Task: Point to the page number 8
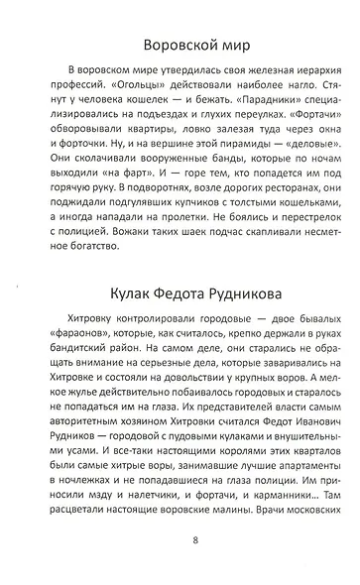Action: pyautogui.click(x=180, y=568)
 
